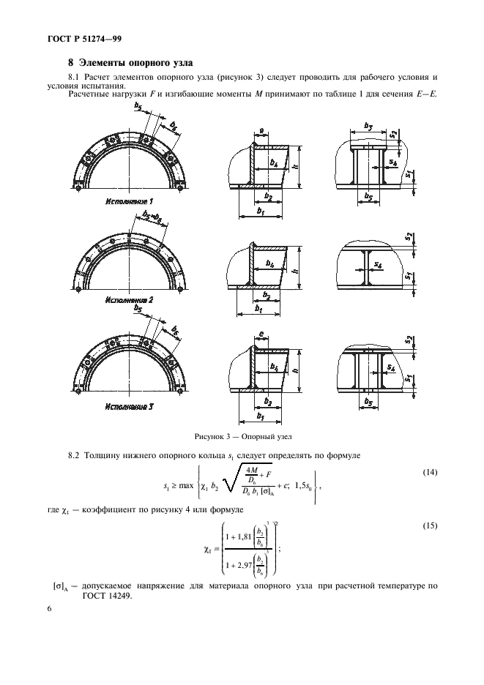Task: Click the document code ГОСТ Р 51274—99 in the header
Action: click(x=84, y=39)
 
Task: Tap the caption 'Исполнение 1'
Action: click(x=130, y=202)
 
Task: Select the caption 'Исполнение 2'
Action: click(x=130, y=301)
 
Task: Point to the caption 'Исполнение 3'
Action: click(x=130, y=407)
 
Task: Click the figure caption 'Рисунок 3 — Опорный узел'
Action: click(x=242, y=436)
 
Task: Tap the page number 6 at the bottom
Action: click(x=49, y=609)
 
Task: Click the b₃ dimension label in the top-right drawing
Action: click(x=368, y=127)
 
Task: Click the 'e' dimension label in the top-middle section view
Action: click(x=261, y=131)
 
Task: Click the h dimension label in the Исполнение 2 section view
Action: click(x=296, y=271)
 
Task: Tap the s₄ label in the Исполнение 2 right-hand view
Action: click(x=379, y=265)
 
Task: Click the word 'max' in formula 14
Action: click(x=186, y=485)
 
